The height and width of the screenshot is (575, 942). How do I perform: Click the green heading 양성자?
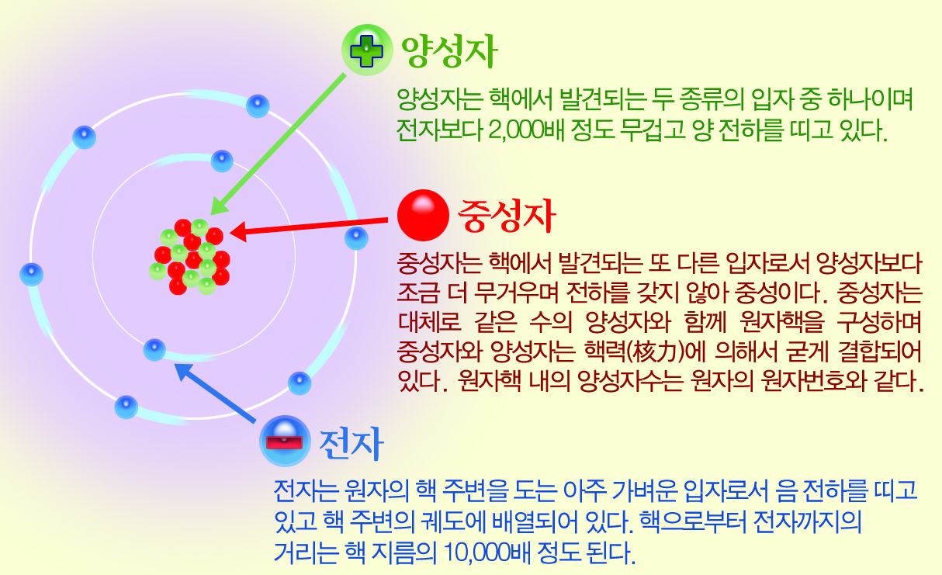tap(449, 51)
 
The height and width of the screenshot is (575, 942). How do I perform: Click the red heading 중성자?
tap(507, 216)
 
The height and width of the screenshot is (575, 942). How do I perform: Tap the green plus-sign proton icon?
tap(367, 50)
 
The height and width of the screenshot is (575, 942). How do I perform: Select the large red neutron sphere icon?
tap(423, 216)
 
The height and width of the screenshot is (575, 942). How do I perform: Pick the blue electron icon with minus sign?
tap(285, 441)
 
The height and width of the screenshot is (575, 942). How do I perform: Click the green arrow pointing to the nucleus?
tap(278, 144)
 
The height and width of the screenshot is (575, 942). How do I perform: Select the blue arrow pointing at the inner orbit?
tap(215, 393)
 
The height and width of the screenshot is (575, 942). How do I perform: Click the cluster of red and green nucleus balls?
tap(190, 257)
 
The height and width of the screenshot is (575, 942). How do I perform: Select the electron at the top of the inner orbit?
tap(222, 161)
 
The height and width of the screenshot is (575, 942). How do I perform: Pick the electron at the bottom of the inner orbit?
tap(154, 349)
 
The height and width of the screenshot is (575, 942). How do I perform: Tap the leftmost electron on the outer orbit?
tap(32, 275)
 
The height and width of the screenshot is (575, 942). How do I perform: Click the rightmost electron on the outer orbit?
tap(356, 238)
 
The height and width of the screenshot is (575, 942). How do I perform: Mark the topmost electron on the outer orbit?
tap(258, 106)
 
